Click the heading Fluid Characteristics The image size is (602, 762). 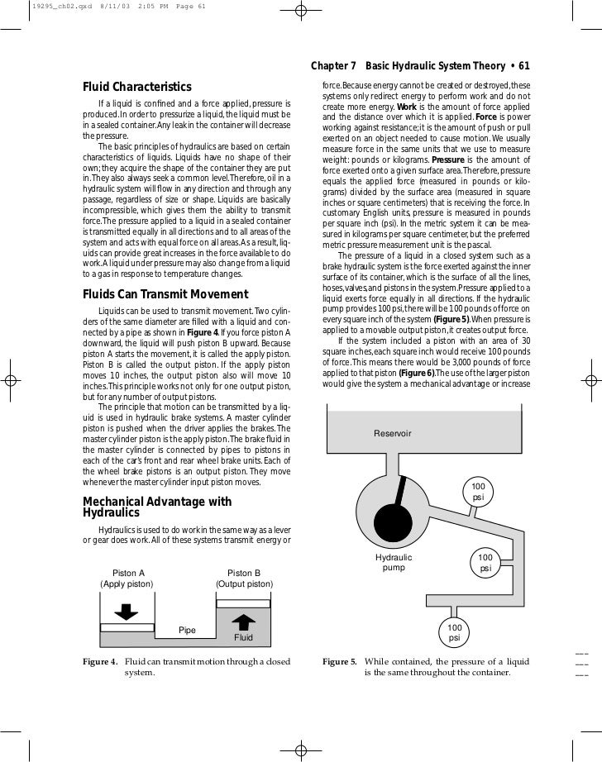tap(137, 88)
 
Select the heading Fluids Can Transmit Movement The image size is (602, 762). tap(165, 295)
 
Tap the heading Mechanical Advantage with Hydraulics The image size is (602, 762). tap(157, 507)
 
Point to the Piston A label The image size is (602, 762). tap(128, 572)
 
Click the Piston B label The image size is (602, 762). tap(244, 572)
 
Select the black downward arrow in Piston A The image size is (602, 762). tap(127, 612)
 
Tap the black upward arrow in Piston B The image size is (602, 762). tap(243, 622)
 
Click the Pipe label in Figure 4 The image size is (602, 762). tap(188, 631)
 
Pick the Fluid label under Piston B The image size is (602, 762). tap(243, 638)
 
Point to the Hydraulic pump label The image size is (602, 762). tap(394, 563)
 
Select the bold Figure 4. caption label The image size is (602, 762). tap(100, 662)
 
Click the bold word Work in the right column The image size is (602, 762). tap(407, 107)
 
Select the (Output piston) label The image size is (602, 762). tap(244, 583)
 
